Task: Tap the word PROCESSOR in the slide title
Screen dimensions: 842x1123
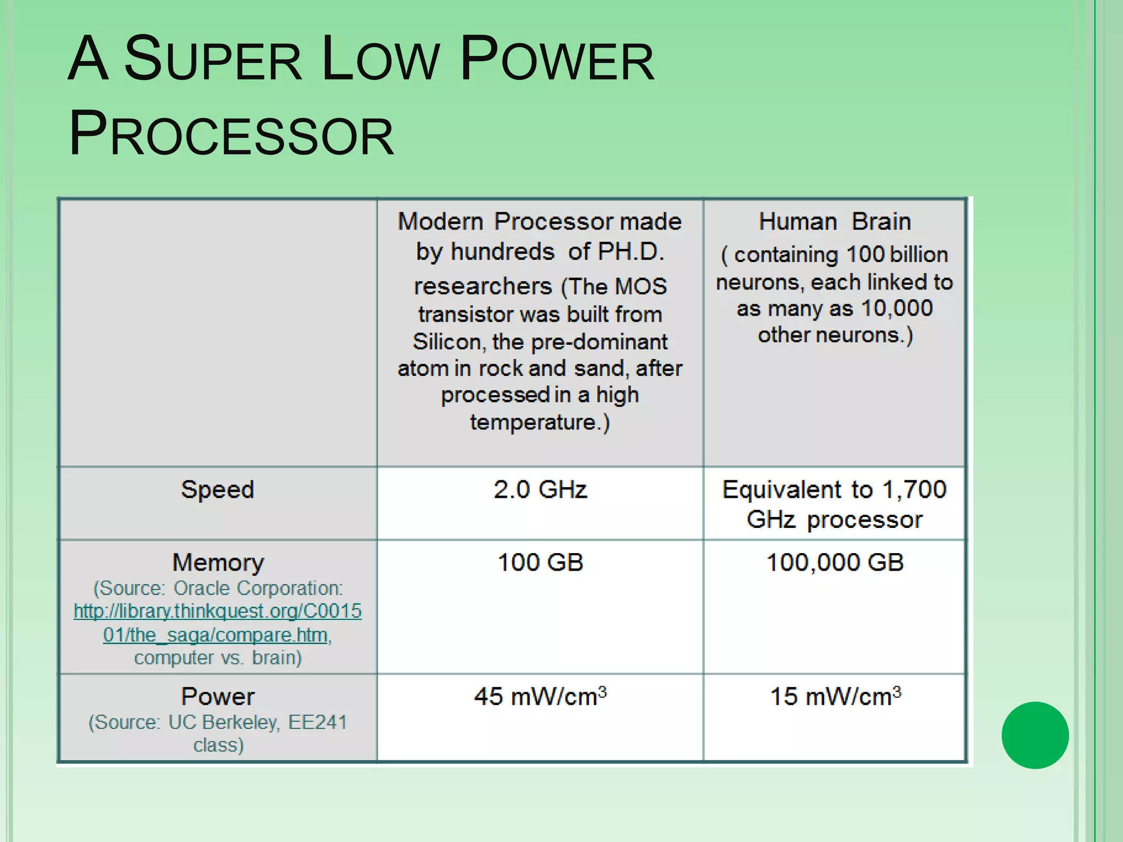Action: pos(231,134)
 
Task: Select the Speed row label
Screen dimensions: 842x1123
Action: pos(218,490)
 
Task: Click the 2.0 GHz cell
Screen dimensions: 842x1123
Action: pos(540,490)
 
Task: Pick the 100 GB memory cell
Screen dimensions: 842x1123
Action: pos(540,562)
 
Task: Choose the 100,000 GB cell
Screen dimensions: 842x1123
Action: pos(835,562)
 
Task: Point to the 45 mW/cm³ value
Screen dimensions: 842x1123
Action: pos(540,696)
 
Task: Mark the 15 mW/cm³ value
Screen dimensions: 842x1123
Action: pos(835,696)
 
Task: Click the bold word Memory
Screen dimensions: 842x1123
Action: pos(218,562)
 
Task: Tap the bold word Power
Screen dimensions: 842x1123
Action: pos(218,696)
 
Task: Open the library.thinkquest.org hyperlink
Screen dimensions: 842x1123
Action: pos(218,623)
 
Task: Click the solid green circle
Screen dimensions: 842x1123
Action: pos(1035,735)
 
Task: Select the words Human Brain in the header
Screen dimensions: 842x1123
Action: pos(835,222)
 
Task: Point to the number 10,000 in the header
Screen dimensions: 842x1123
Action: pos(897,308)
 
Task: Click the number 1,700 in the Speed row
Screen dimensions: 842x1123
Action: pos(914,490)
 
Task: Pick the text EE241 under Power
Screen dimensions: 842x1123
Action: pos(317,722)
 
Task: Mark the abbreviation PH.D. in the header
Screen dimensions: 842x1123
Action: pos(631,252)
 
